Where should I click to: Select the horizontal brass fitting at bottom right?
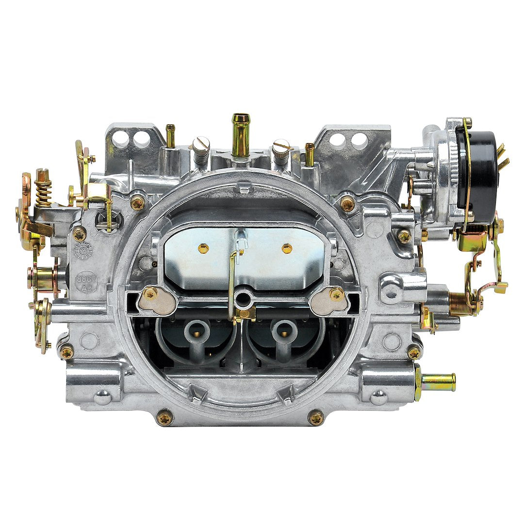pos(438,382)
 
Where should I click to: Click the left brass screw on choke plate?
pos(203,248)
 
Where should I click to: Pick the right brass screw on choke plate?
pos(287,248)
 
